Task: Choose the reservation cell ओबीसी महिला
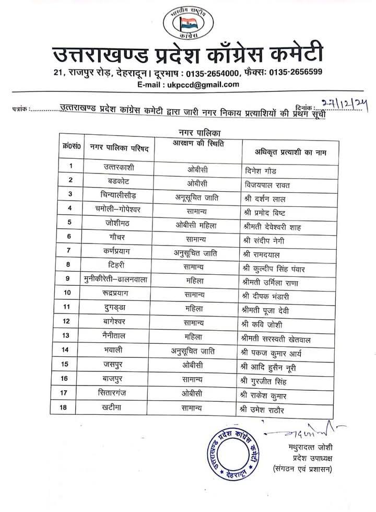coord(196,225)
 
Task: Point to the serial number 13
coord(66,335)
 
